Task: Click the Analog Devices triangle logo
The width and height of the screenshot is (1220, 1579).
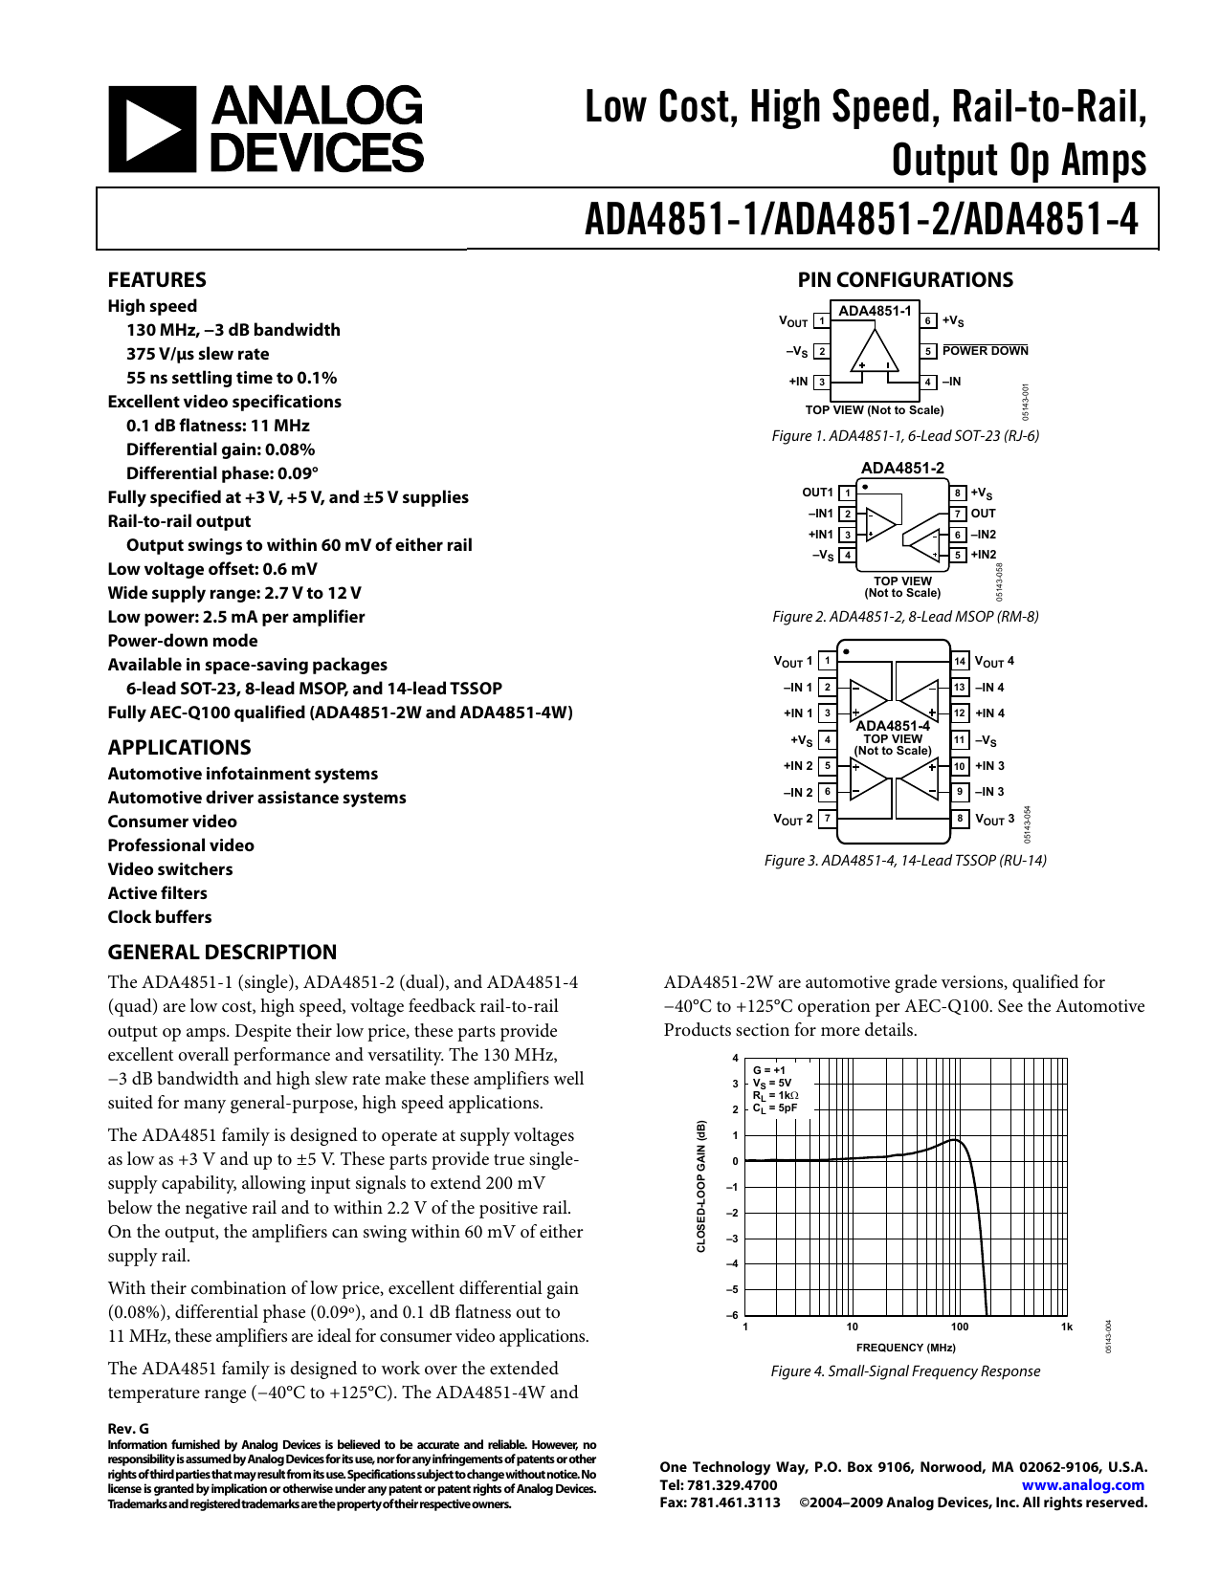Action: (152, 130)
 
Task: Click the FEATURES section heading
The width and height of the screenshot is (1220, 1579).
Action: (157, 280)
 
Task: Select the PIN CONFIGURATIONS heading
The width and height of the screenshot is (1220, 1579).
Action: (905, 280)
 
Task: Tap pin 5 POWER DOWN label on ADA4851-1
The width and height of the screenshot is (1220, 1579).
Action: (985, 351)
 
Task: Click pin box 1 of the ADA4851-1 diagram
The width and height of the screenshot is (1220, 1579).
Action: (821, 321)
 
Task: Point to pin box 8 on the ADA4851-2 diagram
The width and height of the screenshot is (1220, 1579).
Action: (957, 493)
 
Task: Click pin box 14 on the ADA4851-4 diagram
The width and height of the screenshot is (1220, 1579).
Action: (960, 662)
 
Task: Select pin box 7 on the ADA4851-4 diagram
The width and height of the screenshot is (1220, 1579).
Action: (828, 819)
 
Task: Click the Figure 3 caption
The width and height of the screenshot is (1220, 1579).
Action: (905, 861)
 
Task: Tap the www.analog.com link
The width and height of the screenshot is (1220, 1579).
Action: (1082, 1485)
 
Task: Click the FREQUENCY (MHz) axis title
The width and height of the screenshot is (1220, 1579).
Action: (905, 1348)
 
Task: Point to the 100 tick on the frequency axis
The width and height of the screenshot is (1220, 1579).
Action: (960, 1327)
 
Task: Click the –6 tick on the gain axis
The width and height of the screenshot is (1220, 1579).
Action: (733, 1316)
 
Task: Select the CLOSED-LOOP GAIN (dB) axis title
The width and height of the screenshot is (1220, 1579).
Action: (701, 1186)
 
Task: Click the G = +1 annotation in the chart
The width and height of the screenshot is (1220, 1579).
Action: (769, 1070)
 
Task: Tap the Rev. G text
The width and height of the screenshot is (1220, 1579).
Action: (128, 1429)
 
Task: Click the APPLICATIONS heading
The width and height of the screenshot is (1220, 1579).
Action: (179, 748)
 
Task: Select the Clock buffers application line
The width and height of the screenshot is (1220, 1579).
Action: (160, 917)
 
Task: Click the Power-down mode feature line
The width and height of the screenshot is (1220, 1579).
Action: (183, 641)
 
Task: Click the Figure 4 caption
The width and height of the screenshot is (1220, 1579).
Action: (905, 1371)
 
